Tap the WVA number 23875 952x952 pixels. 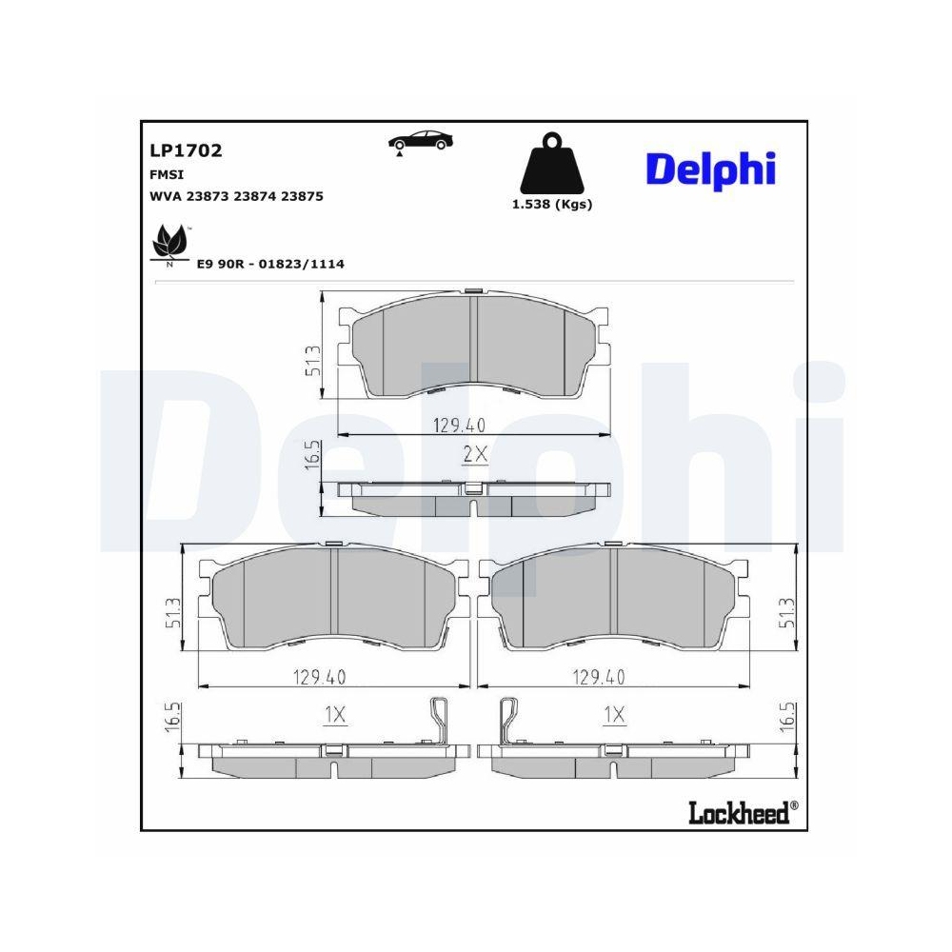coord(301,196)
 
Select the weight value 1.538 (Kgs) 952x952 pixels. coord(552,204)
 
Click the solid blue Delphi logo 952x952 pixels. coord(711,169)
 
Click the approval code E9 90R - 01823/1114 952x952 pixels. coord(269,264)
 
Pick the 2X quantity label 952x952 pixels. coord(474,455)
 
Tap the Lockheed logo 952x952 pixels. coord(740,812)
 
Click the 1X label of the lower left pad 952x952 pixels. coord(334,714)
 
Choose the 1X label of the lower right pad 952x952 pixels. coord(615,714)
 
